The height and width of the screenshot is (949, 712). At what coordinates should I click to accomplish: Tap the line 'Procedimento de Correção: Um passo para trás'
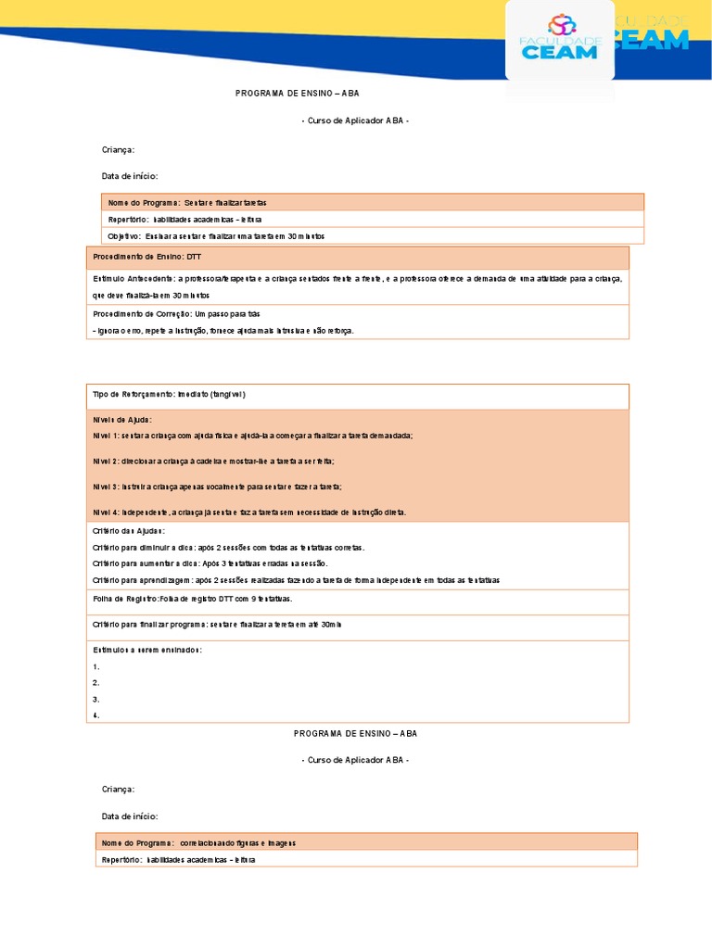[x=163, y=314]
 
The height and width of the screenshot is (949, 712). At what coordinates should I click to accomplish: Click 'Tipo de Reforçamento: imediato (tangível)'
[x=169, y=394]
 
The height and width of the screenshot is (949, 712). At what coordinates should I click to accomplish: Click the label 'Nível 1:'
[x=107, y=435]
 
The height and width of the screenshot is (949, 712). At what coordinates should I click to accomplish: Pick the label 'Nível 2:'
[x=107, y=461]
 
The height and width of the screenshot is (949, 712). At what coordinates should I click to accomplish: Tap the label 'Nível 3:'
[x=107, y=487]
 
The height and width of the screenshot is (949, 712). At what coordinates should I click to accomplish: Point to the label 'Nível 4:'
[x=107, y=512]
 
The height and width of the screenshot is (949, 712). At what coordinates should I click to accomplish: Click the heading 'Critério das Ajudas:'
[x=129, y=531]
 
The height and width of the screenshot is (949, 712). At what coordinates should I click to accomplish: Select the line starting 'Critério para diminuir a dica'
[x=228, y=547]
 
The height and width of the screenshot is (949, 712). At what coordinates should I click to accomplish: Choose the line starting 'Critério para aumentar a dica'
[x=210, y=563]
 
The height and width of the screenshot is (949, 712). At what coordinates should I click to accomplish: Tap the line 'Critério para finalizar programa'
[x=217, y=625]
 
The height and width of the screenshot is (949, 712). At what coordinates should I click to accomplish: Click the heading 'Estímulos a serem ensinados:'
[x=147, y=650]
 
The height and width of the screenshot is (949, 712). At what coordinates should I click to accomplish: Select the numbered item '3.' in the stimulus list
[x=96, y=700]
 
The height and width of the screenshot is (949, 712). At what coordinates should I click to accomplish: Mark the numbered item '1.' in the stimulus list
[x=96, y=666]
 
